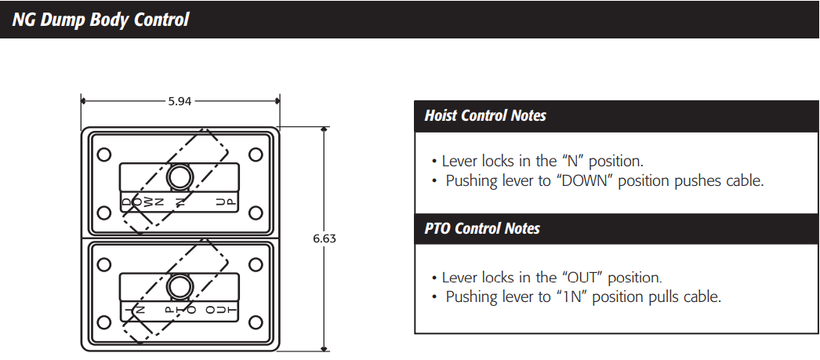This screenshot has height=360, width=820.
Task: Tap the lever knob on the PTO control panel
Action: tap(180, 287)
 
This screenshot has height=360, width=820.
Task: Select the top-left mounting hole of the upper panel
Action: tap(103, 155)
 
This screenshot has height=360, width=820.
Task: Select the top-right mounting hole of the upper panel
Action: tap(255, 155)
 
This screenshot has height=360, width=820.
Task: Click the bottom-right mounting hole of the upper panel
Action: tap(255, 212)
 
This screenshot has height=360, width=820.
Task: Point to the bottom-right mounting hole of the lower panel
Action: tap(255, 322)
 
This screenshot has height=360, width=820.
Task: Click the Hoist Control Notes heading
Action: tap(485, 116)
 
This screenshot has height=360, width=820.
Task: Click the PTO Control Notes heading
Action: tap(482, 229)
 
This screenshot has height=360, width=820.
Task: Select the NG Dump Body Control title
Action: tap(100, 20)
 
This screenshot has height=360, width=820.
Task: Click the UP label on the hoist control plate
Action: tap(225, 202)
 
